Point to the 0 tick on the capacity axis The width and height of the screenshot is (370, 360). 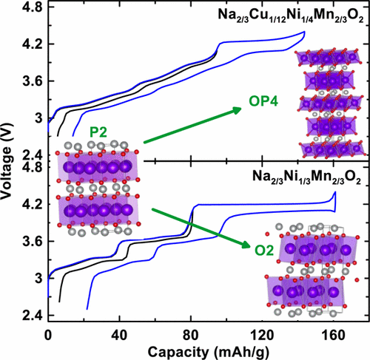coord(48,333)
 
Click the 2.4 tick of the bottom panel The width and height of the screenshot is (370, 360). coord(33,316)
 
